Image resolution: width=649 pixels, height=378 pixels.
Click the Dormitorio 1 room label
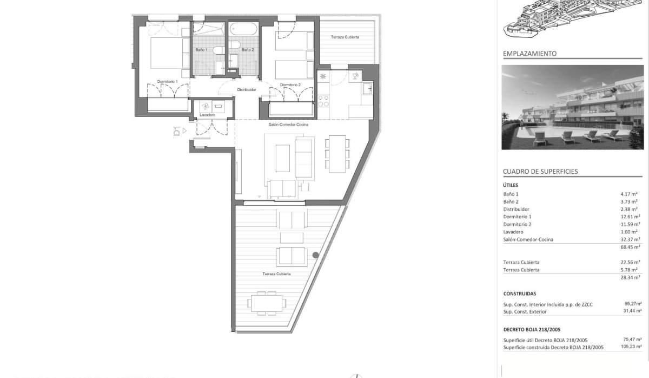tap(167, 81)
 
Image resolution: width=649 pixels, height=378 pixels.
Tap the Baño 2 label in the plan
tap(248, 50)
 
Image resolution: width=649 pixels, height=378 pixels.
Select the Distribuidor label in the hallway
tap(246, 90)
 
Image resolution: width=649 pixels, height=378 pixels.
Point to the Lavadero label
tap(208, 115)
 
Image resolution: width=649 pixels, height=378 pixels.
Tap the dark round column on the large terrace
tap(315, 255)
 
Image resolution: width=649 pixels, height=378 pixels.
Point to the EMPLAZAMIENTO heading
tap(529, 54)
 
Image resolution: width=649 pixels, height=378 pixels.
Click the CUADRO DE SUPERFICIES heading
tap(540, 171)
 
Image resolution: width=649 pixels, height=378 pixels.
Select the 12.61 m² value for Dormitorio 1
tap(630, 217)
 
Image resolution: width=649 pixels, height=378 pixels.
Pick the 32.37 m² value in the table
tap(630, 239)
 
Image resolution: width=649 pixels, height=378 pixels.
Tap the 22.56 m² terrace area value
tap(630, 262)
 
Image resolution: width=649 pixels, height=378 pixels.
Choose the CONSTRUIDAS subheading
tap(520, 294)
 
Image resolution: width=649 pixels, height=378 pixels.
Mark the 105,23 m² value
tap(631, 347)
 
